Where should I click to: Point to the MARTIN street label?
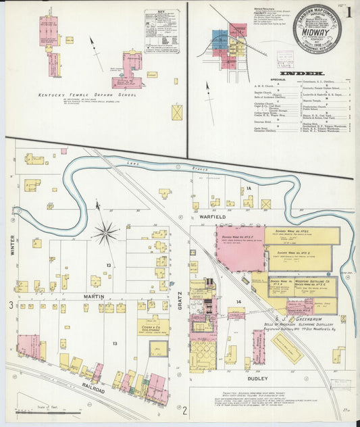pyautogui.click(x=93, y=297)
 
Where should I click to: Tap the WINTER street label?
pyautogui.click(x=12, y=245)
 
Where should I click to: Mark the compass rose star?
pyautogui.click(x=105, y=233)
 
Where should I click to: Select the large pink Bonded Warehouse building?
pyautogui.click(x=240, y=248)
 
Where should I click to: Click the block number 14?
pyautogui.click(x=238, y=301)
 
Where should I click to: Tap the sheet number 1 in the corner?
pyautogui.click(x=348, y=11)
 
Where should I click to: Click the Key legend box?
pyautogui.click(x=161, y=26)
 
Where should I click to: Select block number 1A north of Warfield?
pyautogui.click(x=249, y=189)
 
